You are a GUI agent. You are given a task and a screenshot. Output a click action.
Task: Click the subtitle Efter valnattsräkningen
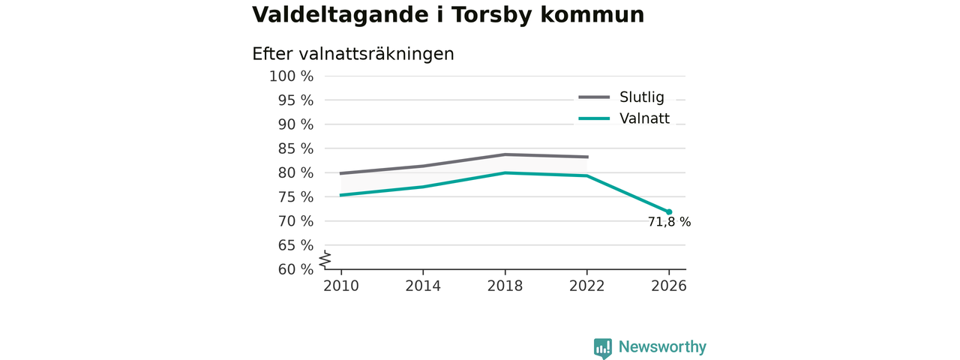[x=352, y=55]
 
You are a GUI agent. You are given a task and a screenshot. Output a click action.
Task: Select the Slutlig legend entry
[x=621, y=97]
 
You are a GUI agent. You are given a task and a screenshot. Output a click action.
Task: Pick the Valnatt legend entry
[x=623, y=118]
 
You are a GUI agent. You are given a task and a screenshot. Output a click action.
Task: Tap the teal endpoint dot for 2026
[x=669, y=212]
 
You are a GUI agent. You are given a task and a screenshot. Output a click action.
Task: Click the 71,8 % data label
[x=669, y=222]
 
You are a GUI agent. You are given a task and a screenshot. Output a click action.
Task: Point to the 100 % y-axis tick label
[x=292, y=76]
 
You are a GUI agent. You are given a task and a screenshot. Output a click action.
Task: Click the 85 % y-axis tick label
[x=295, y=148]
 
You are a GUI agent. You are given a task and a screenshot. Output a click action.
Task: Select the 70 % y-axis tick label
[x=295, y=221]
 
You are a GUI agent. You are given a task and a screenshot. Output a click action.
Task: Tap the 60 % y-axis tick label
[x=295, y=269]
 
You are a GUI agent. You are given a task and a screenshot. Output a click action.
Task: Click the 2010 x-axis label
[x=341, y=286]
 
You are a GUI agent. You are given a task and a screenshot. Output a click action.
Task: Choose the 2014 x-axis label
[x=423, y=286]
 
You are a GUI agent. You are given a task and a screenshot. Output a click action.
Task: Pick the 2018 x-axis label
[x=505, y=286]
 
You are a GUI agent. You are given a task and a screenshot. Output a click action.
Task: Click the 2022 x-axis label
[x=586, y=286]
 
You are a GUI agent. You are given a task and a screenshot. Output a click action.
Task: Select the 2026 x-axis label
[x=668, y=286]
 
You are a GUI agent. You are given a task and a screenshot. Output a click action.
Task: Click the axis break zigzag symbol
[x=325, y=259]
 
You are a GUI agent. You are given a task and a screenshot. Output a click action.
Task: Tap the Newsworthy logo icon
[x=602, y=349]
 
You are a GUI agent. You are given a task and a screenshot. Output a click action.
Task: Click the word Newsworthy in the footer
[x=662, y=346]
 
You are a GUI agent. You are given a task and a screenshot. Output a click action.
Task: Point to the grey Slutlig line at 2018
[x=505, y=154]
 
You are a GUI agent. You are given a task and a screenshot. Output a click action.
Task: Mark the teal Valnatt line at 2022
[x=586, y=175]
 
